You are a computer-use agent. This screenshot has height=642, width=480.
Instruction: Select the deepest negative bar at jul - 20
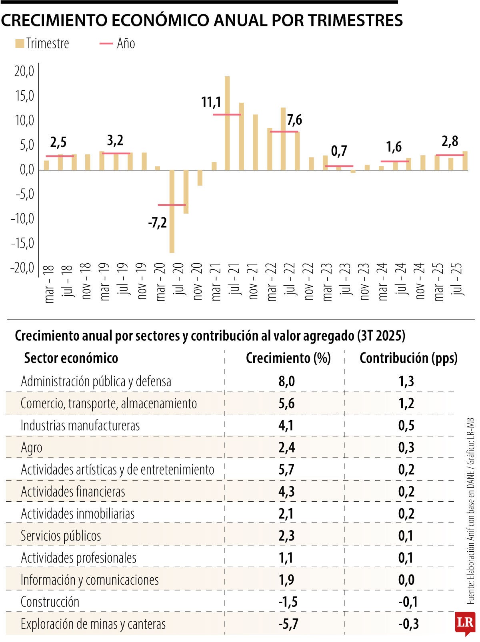[x=172, y=211]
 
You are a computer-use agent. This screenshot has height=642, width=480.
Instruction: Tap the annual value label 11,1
[x=211, y=102]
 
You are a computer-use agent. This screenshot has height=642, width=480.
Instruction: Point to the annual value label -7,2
[x=157, y=223]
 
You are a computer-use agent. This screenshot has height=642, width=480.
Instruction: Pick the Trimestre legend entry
[x=42, y=44]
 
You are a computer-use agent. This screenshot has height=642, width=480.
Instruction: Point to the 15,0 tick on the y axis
[x=24, y=96]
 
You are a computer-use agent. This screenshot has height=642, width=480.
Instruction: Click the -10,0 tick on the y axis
[x=22, y=219]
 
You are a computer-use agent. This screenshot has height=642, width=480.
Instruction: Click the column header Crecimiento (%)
[x=288, y=358]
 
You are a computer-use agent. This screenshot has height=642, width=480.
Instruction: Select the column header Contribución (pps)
[x=408, y=358]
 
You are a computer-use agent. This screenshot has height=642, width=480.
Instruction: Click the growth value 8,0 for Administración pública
[x=286, y=381]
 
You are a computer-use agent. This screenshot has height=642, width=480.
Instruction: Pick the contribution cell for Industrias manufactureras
[x=406, y=425]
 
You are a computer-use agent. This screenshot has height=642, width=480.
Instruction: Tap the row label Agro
[x=31, y=447]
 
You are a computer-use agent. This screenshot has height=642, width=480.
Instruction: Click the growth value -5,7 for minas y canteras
[x=288, y=624]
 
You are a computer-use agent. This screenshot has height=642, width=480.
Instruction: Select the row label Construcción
[x=50, y=602]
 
